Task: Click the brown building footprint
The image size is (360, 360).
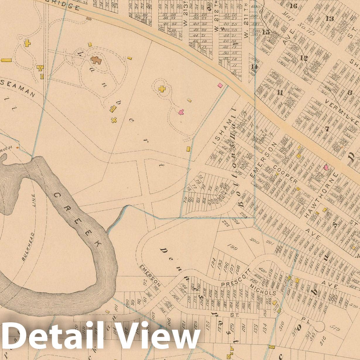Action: tap(96, 60)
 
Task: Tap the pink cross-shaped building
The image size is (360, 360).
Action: tap(181, 112)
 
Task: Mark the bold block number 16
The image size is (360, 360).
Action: tap(293, 6)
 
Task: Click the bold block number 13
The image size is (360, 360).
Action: tap(330, 19)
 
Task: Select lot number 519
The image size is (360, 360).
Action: tap(335, 329)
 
